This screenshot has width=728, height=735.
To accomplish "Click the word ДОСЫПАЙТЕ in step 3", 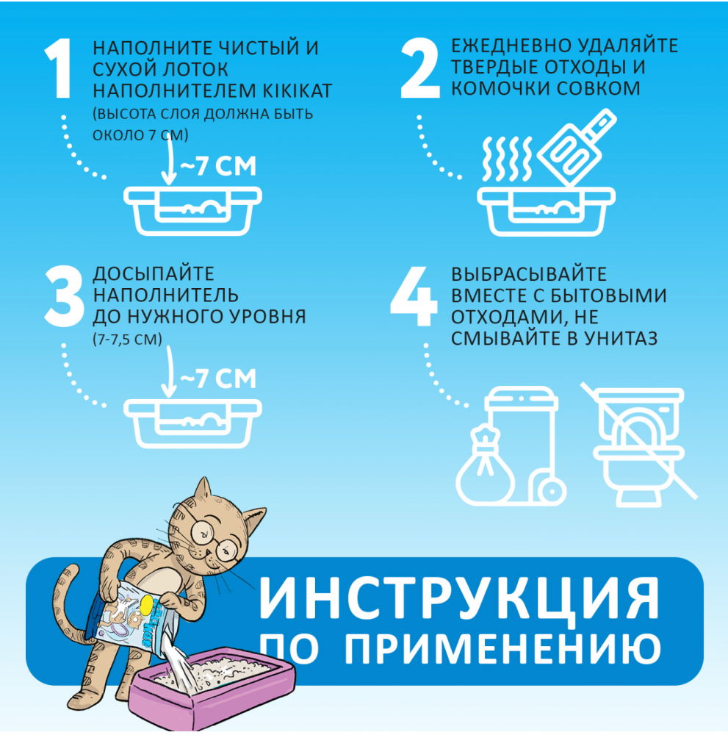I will tap(154, 274).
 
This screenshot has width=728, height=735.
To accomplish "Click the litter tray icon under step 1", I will tap(191, 210).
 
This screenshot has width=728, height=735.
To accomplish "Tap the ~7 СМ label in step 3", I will tap(217, 379).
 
